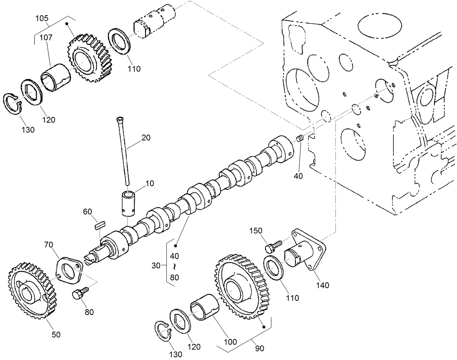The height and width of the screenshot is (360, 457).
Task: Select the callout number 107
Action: [46, 37]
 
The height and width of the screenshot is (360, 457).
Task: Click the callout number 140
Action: [322, 285]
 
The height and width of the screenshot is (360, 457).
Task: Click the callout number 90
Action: [259, 348]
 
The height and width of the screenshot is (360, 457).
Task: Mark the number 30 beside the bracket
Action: [156, 266]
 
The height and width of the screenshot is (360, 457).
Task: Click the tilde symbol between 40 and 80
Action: [175, 267]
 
